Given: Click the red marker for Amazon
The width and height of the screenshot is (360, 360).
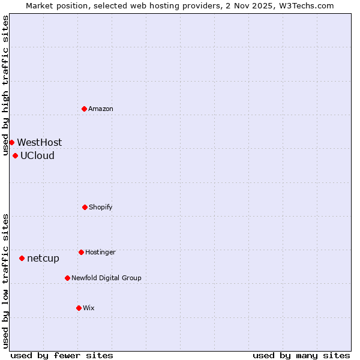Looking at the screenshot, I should (84, 109).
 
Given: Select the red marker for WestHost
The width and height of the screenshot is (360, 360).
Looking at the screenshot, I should (11, 142).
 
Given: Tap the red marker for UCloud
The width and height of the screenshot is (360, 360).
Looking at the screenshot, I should (15, 155).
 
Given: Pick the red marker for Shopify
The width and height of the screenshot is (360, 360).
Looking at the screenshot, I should (85, 207).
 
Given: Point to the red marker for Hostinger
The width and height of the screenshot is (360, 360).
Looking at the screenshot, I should (81, 252).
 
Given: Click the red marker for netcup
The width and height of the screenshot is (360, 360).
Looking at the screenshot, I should (22, 258).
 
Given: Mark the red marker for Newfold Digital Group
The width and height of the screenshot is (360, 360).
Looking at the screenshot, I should (67, 278).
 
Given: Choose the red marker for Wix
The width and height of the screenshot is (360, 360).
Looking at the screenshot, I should (79, 308).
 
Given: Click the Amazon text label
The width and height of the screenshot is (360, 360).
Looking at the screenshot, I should (101, 109).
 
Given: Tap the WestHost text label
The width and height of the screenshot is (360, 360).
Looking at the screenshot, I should (39, 143).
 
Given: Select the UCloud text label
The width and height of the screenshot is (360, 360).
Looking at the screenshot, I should (37, 156).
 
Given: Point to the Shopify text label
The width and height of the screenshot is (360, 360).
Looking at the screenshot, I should (101, 208).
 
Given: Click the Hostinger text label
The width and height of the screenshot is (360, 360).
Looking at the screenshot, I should (100, 253).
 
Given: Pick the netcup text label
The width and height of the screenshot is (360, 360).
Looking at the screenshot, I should (43, 259).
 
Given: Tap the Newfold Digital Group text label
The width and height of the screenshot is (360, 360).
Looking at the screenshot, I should (106, 278).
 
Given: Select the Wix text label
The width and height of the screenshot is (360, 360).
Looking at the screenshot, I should (89, 308).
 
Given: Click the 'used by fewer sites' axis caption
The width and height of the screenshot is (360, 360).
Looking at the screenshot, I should (62, 355).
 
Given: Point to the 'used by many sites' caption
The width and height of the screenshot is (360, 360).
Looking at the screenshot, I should (301, 355).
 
